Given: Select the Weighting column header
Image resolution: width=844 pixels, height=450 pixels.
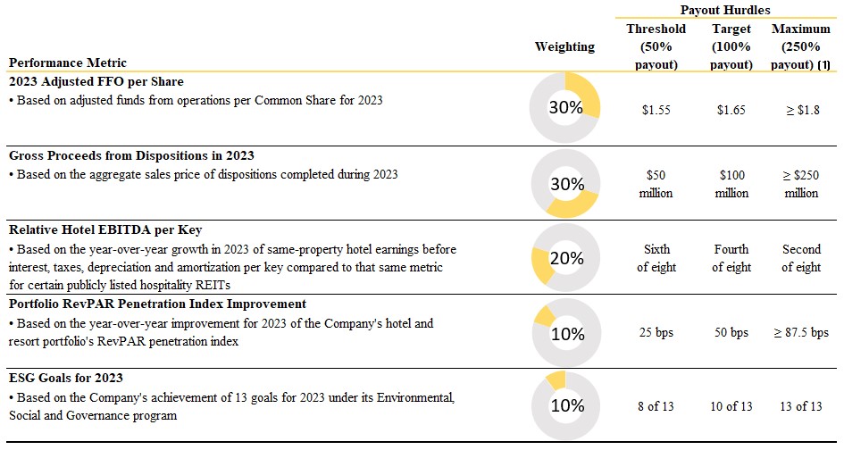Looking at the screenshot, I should point(564,46).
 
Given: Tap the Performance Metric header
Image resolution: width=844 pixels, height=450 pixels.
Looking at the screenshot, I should point(68,62).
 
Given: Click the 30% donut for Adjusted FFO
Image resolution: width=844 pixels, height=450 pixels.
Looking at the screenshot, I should point(564,107).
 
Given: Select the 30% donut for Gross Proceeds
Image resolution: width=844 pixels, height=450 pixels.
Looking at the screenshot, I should point(564,185).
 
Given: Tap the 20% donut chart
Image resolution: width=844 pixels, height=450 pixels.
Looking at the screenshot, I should point(564,259).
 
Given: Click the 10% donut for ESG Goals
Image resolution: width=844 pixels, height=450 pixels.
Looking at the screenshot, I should point(564,406).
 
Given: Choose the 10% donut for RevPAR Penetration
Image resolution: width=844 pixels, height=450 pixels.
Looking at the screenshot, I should point(564,333).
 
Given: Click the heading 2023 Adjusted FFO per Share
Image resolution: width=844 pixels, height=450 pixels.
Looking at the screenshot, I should point(96,82).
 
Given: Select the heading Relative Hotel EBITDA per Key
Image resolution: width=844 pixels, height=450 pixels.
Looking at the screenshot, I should point(105,230).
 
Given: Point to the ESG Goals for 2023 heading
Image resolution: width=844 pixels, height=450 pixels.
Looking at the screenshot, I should point(66,378).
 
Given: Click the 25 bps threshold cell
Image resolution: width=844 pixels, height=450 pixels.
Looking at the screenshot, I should point(656,333).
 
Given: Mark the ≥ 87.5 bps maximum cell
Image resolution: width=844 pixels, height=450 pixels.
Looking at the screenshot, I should point(800,333).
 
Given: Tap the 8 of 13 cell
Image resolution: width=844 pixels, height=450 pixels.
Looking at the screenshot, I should point(656,406).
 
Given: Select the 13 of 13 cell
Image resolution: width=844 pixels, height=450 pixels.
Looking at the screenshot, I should point(800,406).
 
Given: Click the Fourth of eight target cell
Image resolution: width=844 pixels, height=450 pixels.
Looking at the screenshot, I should point(731,258).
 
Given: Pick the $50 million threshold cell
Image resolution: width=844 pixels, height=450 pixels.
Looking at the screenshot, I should point(656,184).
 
